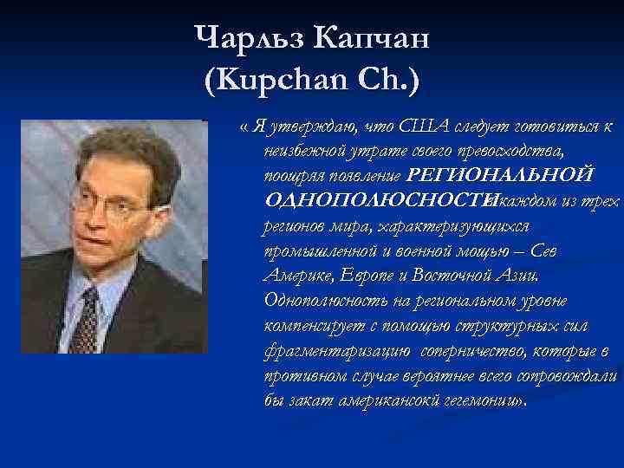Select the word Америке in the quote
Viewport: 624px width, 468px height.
pos(295,276)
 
